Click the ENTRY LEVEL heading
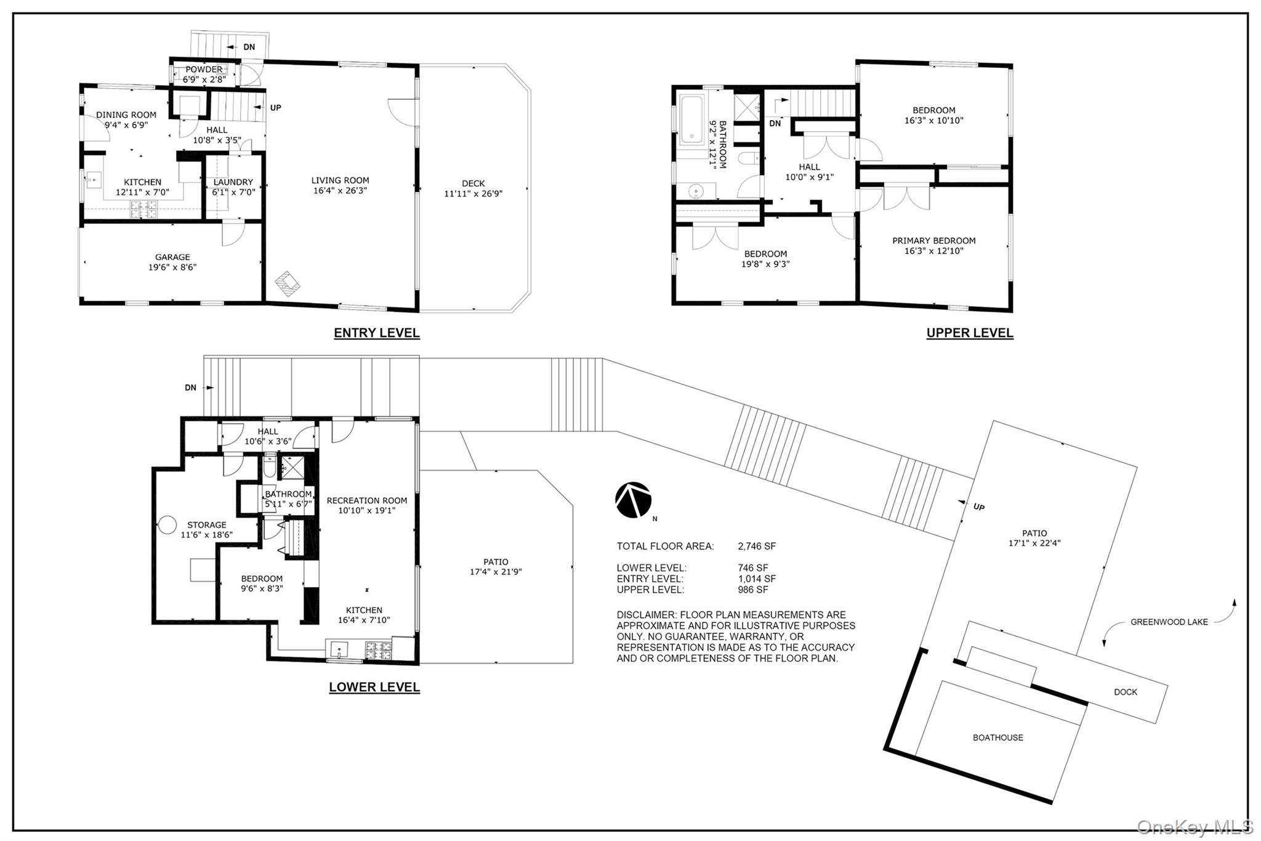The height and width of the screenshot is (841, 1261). tap(377, 333)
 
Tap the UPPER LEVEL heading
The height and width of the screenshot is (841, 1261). tap(970, 333)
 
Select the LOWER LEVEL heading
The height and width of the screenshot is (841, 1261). tap(374, 687)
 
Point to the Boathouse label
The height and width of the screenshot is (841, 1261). tap(998, 737)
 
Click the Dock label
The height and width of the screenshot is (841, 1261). tap(1126, 692)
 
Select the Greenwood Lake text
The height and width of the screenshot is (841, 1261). tap(1169, 622)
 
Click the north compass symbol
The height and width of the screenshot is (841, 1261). tap(634, 500)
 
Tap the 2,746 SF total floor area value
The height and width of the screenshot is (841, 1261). tap(757, 546)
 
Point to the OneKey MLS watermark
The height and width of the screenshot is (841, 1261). tap(1195, 826)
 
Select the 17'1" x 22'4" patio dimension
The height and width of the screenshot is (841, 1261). tap(1034, 543)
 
